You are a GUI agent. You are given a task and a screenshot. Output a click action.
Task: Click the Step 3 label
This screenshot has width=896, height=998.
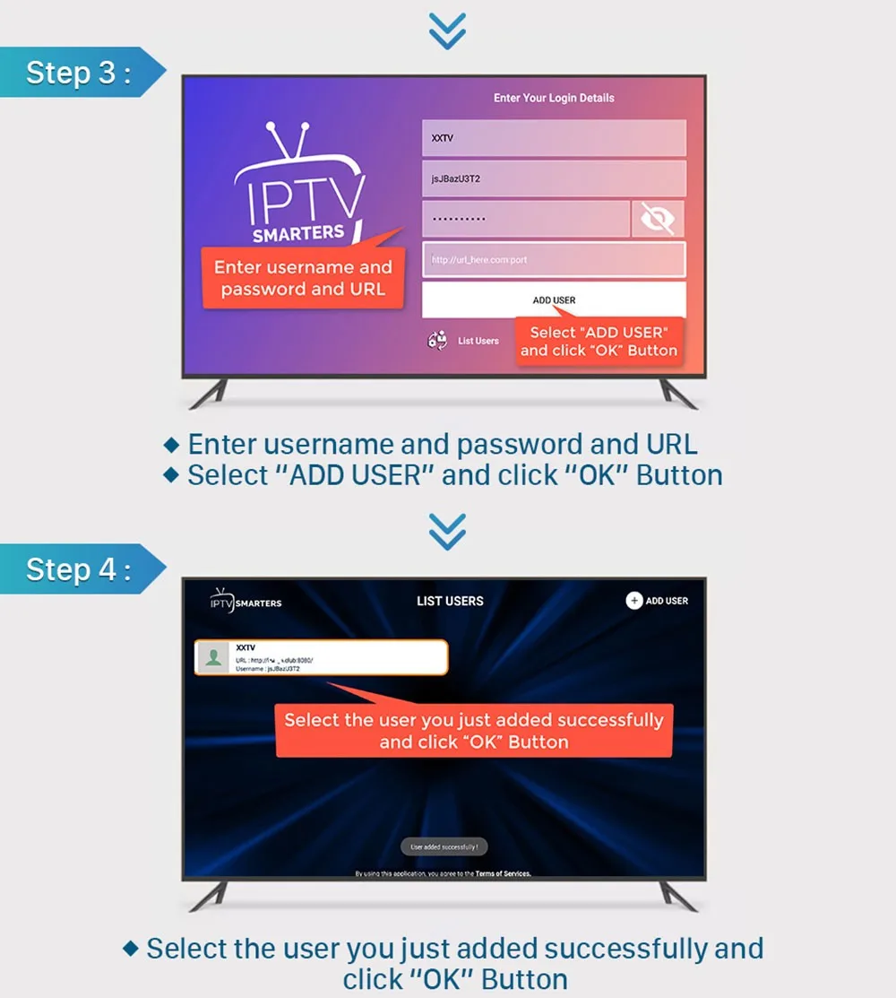[x=78, y=73]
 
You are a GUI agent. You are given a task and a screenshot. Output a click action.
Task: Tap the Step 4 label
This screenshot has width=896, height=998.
[x=78, y=569]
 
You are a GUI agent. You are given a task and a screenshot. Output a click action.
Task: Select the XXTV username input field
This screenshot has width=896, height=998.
[x=554, y=138]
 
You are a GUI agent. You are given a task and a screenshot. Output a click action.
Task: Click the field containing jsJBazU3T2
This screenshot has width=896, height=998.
[x=554, y=178]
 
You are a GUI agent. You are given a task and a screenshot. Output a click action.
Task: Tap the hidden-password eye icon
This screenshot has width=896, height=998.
[x=658, y=219]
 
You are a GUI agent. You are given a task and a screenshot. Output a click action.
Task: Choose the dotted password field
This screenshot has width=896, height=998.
[x=526, y=219]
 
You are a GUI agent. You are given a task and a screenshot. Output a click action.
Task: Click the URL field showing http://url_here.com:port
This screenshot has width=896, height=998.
[x=554, y=260]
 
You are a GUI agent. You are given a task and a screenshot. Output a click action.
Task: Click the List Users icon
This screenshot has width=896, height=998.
[x=438, y=341]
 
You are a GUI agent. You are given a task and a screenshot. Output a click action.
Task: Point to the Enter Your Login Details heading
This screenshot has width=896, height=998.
[x=554, y=98]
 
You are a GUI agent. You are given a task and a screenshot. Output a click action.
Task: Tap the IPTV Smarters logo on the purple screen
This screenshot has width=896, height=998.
[x=300, y=188]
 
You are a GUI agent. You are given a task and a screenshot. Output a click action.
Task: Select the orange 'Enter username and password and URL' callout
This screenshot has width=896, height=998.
[x=303, y=278]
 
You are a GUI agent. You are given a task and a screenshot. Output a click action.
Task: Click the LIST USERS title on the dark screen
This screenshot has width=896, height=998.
[x=450, y=601]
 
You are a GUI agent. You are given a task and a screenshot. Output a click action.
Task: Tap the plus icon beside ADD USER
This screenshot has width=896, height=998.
[x=634, y=601]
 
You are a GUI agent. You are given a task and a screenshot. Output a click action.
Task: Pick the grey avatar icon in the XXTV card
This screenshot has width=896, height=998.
[x=213, y=658]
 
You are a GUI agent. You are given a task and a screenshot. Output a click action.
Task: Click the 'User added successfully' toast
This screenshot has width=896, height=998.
[x=444, y=846]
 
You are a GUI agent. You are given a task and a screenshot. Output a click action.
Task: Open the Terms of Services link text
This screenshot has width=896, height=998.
[x=503, y=873]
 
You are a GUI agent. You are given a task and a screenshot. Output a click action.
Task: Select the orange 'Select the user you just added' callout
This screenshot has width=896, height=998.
[x=473, y=731]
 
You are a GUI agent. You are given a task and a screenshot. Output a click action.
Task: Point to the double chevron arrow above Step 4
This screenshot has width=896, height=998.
[x=446, y=532]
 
